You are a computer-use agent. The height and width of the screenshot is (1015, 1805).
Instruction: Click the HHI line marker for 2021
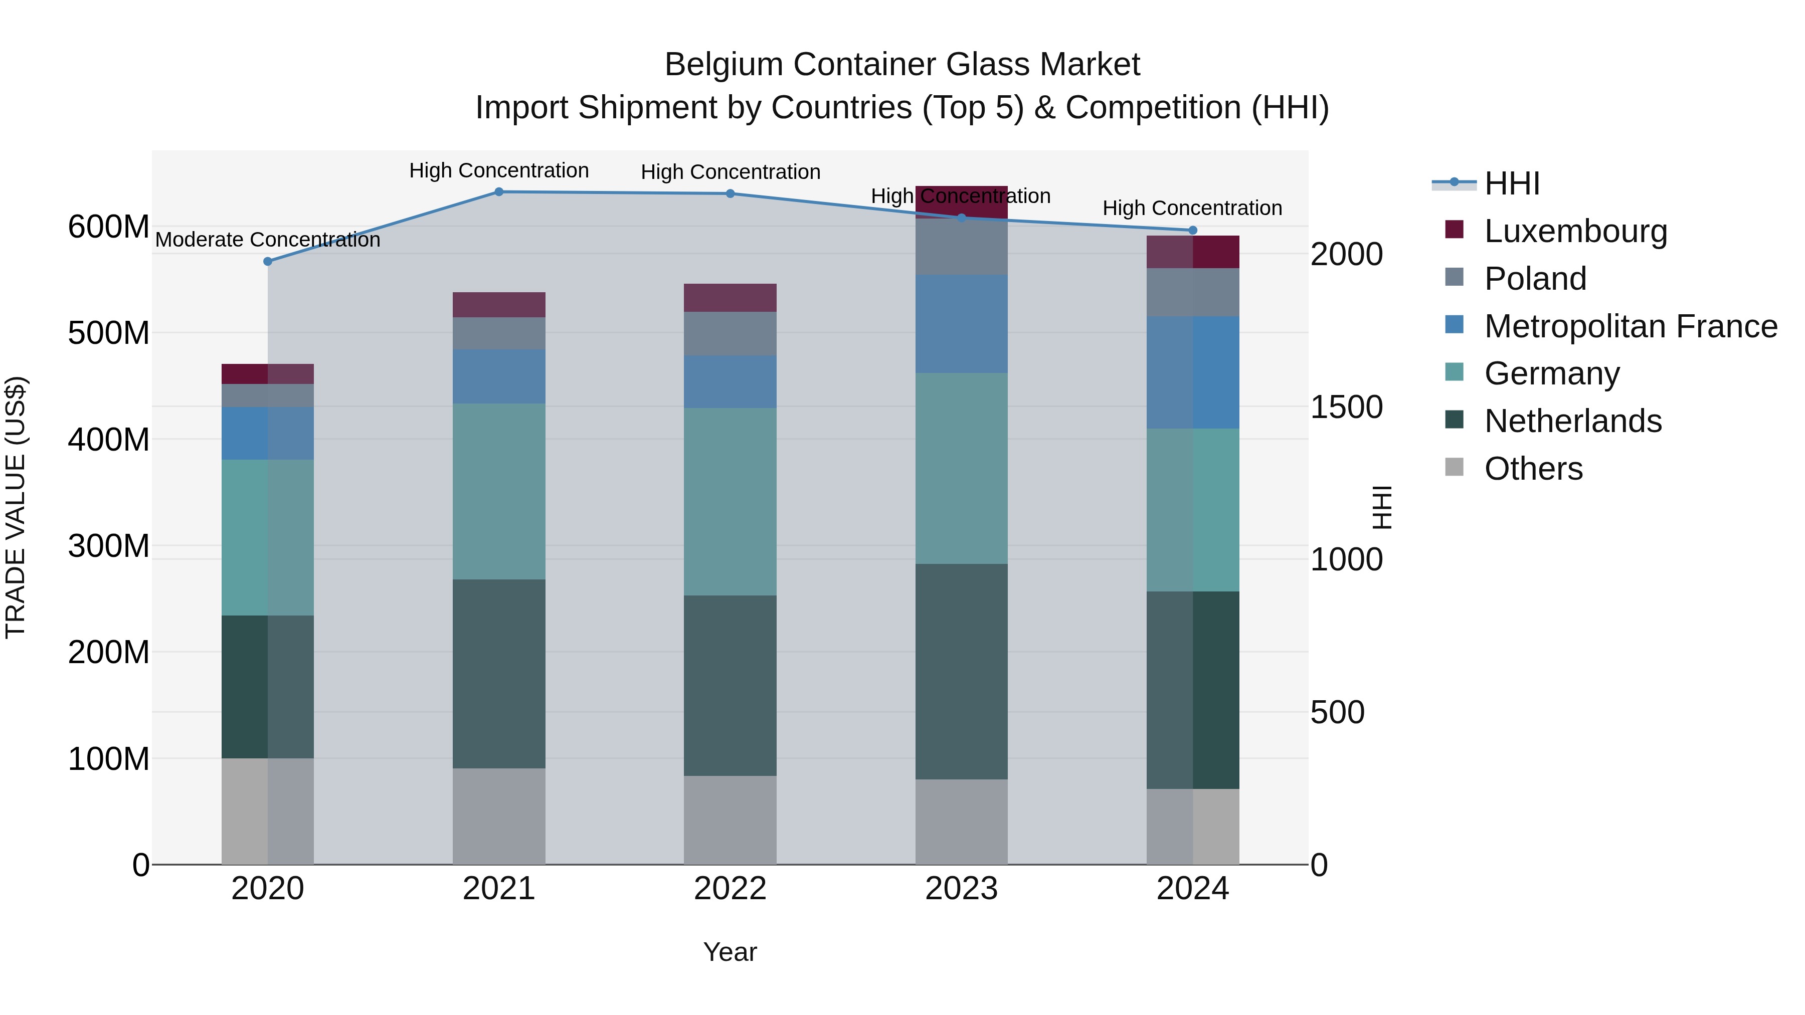click(499, 192)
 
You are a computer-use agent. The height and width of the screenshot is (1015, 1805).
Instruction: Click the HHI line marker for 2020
click(268, 261)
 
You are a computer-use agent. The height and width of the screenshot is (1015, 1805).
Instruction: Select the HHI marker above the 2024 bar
click(1193, 231)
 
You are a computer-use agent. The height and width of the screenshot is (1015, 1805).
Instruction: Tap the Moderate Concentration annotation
click(268, 240)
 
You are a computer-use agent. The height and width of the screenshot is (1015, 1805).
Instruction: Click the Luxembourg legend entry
click(1575, 231)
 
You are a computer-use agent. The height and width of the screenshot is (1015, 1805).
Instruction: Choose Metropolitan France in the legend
click(1631, 326)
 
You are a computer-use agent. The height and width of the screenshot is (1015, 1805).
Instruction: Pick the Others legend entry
click(1533, 469)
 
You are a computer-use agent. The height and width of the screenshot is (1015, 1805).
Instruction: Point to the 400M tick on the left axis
click(109, 440)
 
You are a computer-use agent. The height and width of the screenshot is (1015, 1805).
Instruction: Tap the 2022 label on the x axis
click(730, 889)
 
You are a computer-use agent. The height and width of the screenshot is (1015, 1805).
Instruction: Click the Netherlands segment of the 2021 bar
click(499, 673)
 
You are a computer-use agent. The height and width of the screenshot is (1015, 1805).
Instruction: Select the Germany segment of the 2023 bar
click(961, 468)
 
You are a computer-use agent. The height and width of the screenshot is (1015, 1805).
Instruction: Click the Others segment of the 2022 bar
click(730, 820)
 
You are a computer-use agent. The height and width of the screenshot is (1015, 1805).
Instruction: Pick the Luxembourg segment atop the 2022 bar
click(730, 298)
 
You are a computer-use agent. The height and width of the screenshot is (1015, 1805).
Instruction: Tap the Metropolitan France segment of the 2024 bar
click(1193, 372)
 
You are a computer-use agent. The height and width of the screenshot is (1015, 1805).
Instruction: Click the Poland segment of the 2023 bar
click(961, 247)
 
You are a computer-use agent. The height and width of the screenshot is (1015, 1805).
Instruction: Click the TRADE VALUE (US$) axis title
click(16, 507)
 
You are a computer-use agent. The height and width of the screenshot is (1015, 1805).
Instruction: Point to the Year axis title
click(730, 952)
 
